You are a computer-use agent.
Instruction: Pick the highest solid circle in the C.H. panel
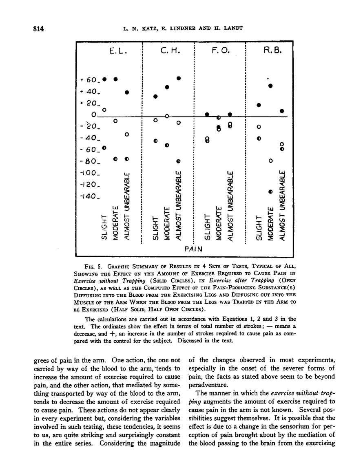click(179, 78)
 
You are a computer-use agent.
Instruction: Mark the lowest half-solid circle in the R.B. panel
click(270, 191)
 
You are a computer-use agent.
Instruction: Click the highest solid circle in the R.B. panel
click(270, 86)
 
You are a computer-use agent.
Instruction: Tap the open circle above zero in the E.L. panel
click(104, 110)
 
